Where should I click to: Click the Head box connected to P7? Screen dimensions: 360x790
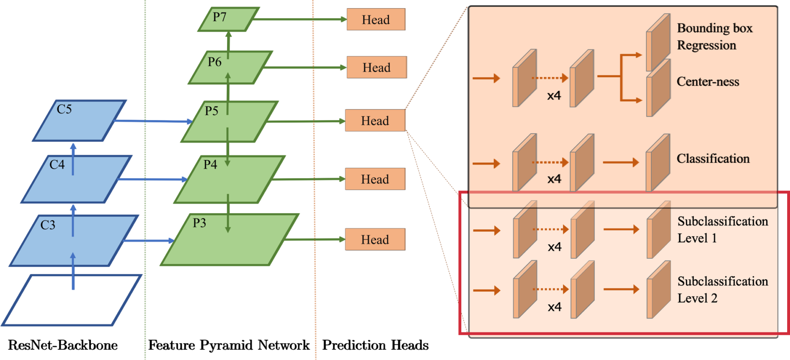click(376, 19)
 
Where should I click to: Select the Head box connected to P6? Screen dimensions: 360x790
click(376, 67)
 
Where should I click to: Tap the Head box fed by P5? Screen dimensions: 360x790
click(375, 121)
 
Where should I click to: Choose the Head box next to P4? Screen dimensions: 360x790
click(375, 179)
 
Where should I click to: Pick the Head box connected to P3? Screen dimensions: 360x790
click(375, 239)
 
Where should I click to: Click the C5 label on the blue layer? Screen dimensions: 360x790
click(64, 109)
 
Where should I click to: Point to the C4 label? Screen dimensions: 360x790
click(57, 165)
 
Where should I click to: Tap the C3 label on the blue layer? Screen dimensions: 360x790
click(48, 225)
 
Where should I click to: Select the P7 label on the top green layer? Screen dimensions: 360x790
click(219, 17)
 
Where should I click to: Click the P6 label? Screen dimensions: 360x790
click(214, 62)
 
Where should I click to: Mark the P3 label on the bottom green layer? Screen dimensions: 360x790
click(200, 223)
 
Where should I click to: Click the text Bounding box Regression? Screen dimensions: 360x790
click(715, 36)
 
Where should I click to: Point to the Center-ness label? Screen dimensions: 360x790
click(708, 81)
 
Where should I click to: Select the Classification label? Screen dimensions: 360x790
click(713, 158)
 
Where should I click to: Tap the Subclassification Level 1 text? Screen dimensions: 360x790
click(723, 230)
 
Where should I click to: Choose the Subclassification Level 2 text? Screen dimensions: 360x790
click(723, 290)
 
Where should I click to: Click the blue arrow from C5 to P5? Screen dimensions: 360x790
click(154, 121)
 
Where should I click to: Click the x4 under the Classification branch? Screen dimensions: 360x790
click(554, 179)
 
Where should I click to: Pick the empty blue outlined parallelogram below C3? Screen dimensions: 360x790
click(72, 300)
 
